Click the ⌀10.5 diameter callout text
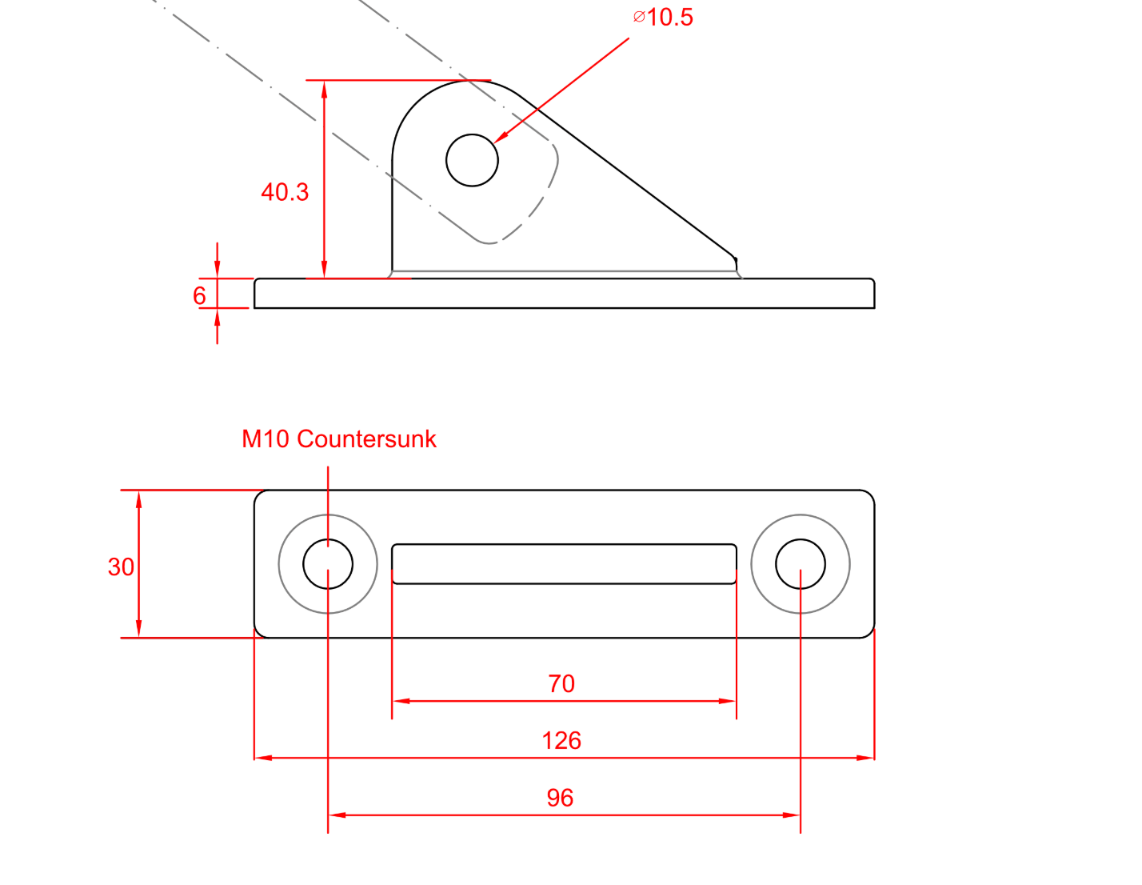(x=664, y=17)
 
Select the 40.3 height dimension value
(x=285, y=192)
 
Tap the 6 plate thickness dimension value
(x=199, y=295)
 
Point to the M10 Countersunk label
(x=339, y=438)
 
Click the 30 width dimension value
(x=121, y=567)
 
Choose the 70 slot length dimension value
(x=561, y=683)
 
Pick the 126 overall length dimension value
(x=561, y=740)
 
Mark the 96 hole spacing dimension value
(x=560, y=798)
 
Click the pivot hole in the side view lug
(x=472, y=160)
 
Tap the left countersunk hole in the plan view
(x=328, y=564)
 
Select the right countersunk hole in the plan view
(x=801, y=564)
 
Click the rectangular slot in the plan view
(x=564, y=564)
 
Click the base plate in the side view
(x=564, y=294)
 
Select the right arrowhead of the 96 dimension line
(x=793, y=815)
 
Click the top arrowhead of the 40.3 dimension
(x=324, y=89)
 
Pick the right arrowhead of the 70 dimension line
(x=728, y=701)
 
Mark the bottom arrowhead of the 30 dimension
(x=138, y=630)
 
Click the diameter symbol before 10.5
(x=639, y=17)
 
